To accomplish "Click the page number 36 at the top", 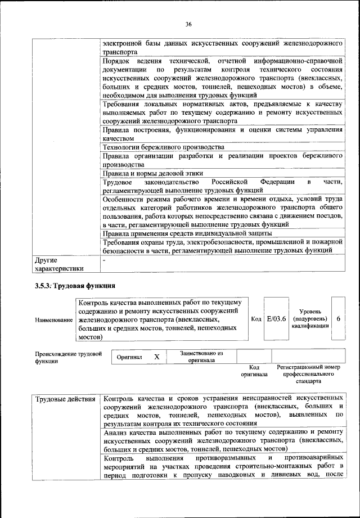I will click(x=188, y=24).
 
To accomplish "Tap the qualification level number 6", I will click(x=338, y=318).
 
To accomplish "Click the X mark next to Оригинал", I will click(x=157, y=357).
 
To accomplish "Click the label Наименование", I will click(x=54, y=320).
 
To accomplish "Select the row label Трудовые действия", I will click(x=65, y=399).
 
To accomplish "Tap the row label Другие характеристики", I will click(x=58, y=264).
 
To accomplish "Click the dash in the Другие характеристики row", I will click(x=104, y=260).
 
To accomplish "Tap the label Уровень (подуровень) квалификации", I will click(x=310, y=319).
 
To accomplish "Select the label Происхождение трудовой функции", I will click(x=67, y=357).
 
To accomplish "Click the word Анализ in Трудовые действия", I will click(x=116, y=433).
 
